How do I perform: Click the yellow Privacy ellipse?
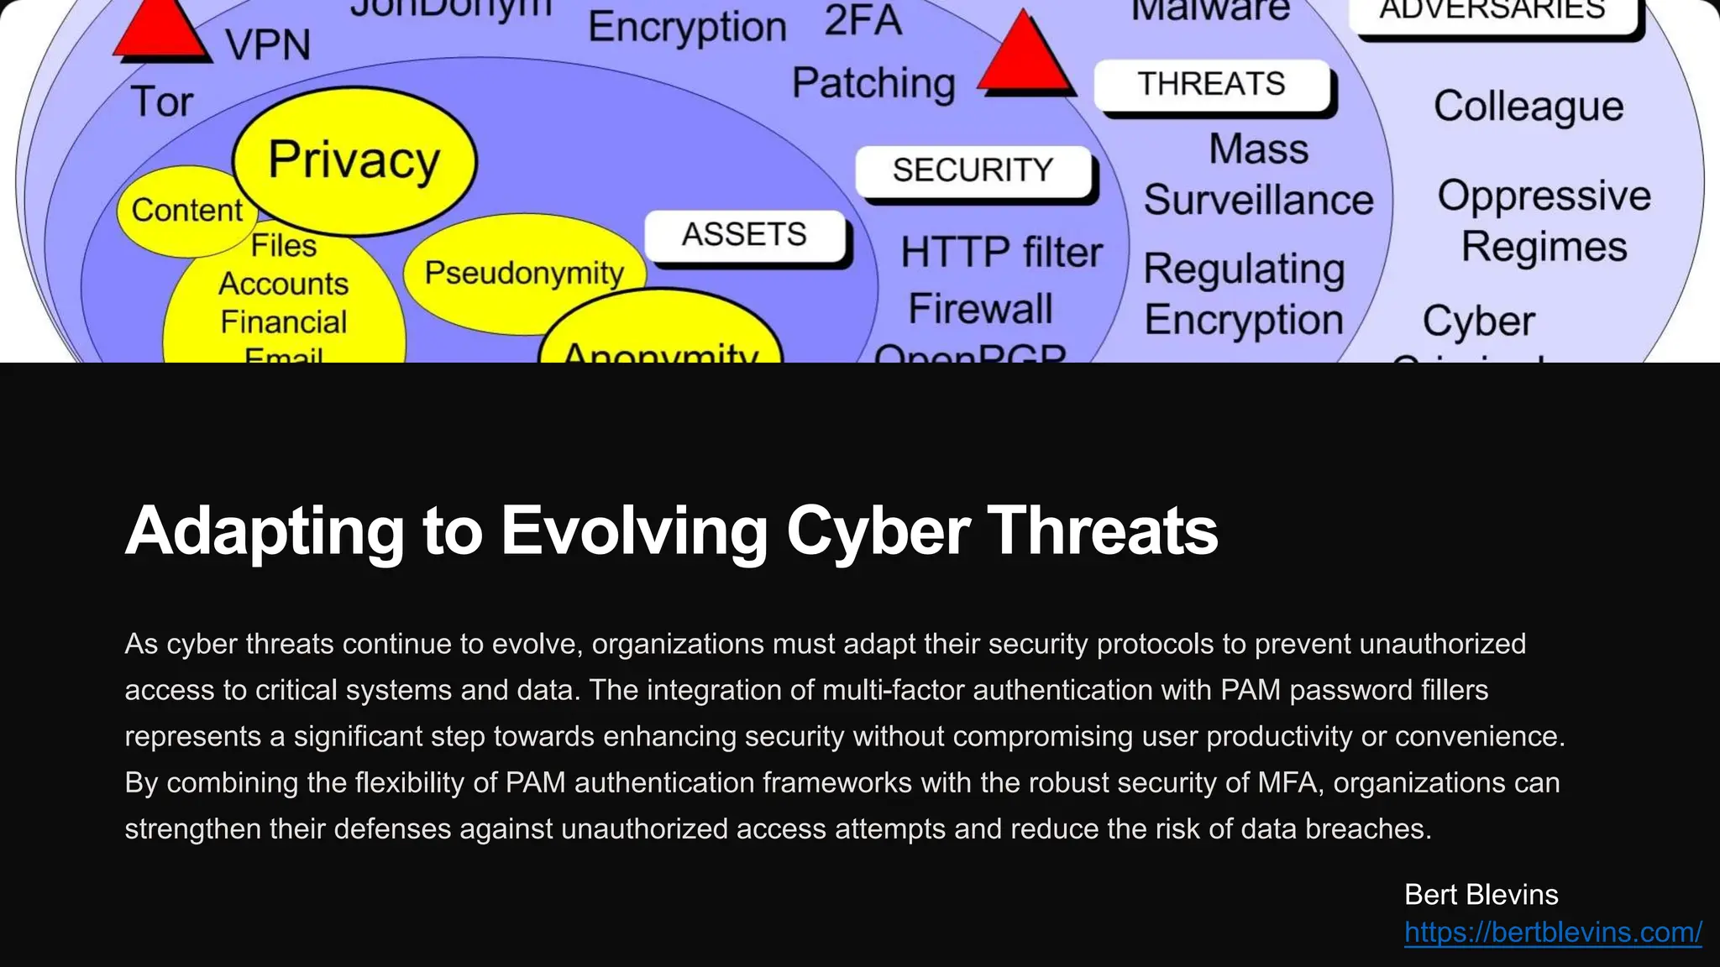click(354, 159)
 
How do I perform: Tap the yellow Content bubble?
click(186, 210)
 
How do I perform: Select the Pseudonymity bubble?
click(524, 273)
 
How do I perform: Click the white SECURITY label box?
click(973, 170)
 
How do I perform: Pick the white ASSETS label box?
click(744, 234)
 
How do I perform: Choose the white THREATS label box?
click(1211, 84)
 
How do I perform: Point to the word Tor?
click(162, 102)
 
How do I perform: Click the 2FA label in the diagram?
click(863, 21)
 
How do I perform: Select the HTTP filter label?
click(1001, 253)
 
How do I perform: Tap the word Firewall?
click(980, 309)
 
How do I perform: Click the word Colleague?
click(1529, 107)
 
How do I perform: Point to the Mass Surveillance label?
click(1258, 175)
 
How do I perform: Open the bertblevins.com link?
click(1553, 932)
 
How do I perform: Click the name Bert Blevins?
click(1481, 895)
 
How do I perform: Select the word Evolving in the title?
click(634, 531)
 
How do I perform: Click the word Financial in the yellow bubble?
click(284, 322)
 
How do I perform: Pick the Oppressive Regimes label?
click(1544, 221)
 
